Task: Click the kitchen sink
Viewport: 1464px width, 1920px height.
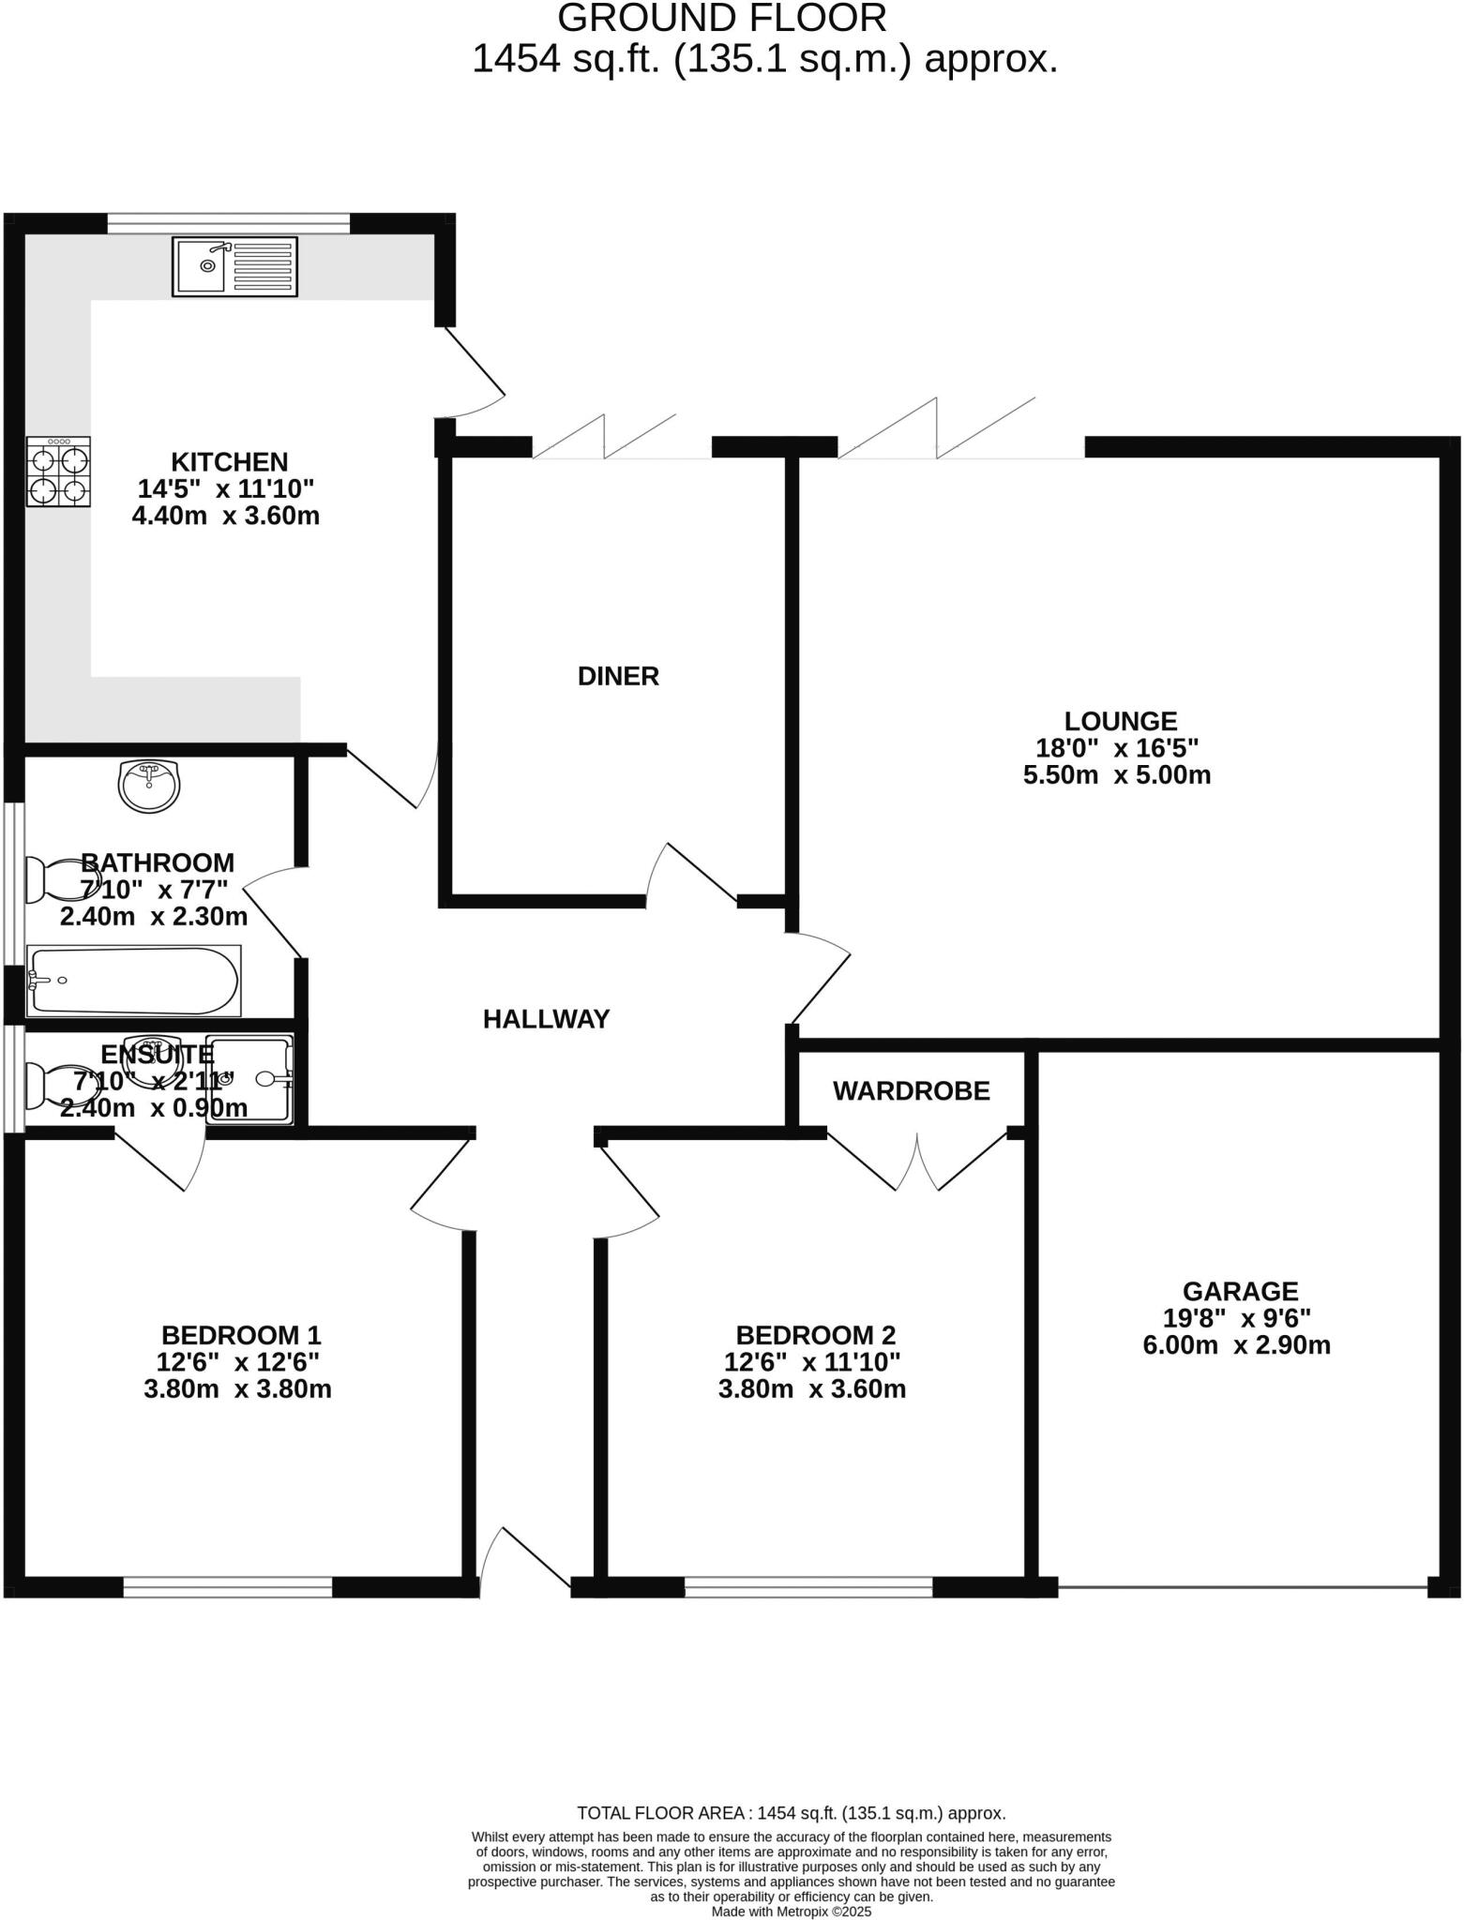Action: (x=234, y=267)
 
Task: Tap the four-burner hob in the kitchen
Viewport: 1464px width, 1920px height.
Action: (x=58, y=472)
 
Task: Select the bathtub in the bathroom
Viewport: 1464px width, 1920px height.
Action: (x=134, y=981)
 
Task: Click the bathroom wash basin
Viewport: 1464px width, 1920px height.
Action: (x=149, y=786)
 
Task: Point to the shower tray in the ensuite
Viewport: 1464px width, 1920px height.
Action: (x=249, y=1080)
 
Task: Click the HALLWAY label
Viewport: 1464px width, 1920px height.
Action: (x=546, y=1019)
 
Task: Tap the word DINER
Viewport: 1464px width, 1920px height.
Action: (x=618, y=676)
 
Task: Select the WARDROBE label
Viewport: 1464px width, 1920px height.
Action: (x=911, y=1091)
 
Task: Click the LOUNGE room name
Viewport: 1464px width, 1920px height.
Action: (x=1120, y=721)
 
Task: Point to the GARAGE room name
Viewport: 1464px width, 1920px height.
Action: (x=1240, y=1291)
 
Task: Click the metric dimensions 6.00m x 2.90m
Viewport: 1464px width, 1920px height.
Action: (x=1236, y=1345)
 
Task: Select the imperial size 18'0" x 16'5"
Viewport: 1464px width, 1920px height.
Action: (x=1117, y=748)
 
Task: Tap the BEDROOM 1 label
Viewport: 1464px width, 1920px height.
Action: (x=241, y=1334)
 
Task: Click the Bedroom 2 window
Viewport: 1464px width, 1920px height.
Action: (x=807, y=1586)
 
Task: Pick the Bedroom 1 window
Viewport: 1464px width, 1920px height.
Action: (x=228, y=1586)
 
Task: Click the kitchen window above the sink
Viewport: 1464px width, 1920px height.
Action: (x=229, y=223)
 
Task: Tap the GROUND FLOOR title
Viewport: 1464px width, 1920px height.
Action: (x=721, y=19)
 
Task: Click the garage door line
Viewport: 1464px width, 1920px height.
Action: (x=1243, y=1586)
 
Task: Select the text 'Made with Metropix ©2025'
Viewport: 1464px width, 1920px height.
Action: (x=792, y=1912)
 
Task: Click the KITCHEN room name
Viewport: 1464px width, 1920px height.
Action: (x=229, y=461)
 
